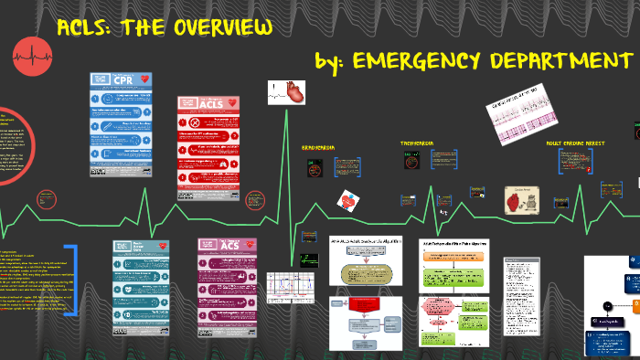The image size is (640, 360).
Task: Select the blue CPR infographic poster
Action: [x=121, y=125]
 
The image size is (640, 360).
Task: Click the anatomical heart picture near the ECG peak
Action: [x=291, y=92]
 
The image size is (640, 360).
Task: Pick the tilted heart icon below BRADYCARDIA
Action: [x=348, y=200]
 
